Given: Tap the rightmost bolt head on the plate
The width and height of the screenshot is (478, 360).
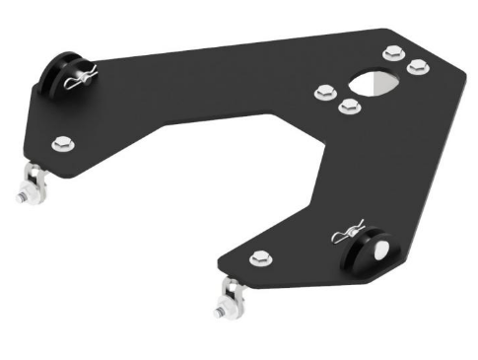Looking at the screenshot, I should (417, 67).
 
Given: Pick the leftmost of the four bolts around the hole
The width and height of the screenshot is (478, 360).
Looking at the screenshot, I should (323, 93).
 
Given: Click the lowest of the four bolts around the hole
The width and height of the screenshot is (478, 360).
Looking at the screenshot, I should (347, 106).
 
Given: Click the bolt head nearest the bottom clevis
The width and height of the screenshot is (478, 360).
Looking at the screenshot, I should (259, 259).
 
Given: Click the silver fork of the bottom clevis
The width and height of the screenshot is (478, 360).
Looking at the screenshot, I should (233, 293).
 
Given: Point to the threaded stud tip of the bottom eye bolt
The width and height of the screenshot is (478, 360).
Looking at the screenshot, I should (216, 315).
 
